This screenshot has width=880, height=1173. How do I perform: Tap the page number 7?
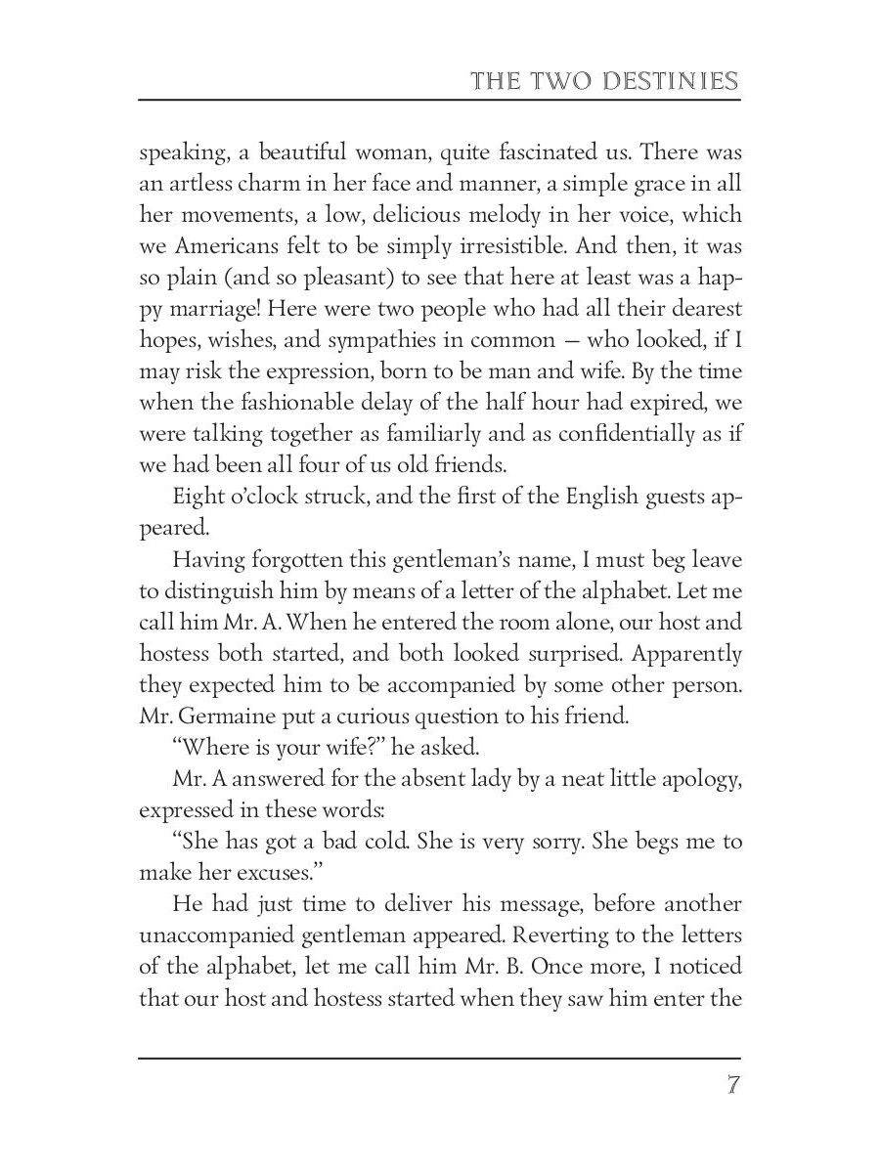732,1087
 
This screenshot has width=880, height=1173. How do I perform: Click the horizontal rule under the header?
439,100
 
